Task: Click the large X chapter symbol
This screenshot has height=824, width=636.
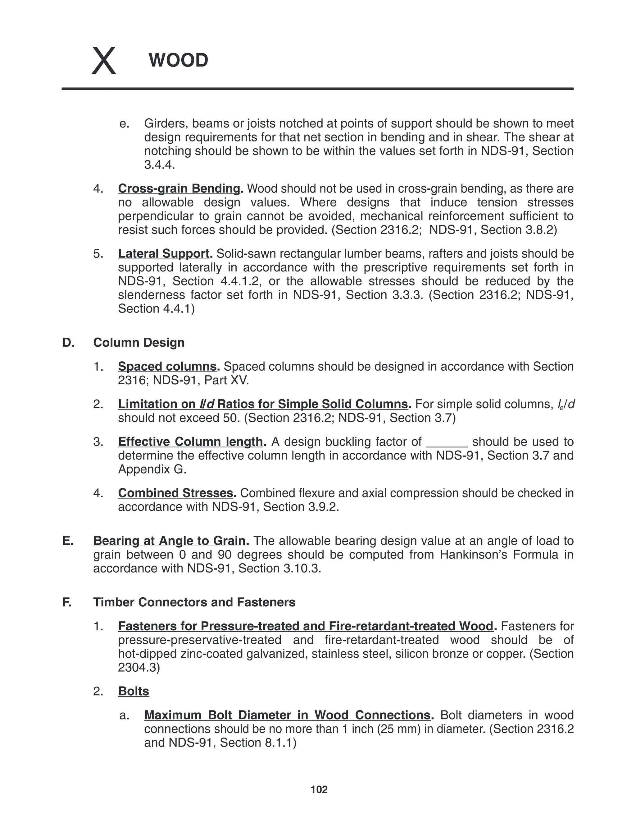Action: pos(104,61)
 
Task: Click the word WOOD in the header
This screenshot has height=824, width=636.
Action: pos(178,60)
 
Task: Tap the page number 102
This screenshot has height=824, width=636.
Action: pos(319,789)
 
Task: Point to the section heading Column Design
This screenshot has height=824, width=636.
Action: pos(139,343)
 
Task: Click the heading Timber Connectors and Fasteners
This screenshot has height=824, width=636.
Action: pos(194,602)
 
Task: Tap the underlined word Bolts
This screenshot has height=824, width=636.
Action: pos(133,691)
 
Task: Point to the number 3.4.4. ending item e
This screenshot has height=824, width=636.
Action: pos(159,165)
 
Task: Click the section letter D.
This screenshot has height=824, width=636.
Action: pos(68,343)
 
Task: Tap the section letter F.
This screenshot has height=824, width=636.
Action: pos(67,602)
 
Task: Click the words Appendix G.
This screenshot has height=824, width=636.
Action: pos(152,469)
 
